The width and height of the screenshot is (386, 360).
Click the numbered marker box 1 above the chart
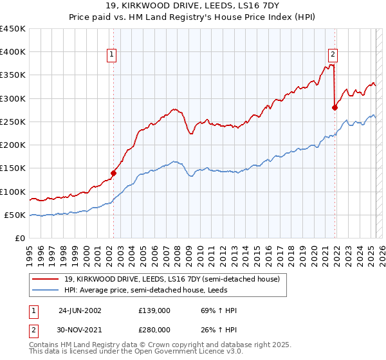[112, 55]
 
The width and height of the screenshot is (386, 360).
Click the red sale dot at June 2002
[114, 172]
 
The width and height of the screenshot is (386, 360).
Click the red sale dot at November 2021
[335, 107]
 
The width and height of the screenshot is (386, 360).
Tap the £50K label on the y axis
[15, 215]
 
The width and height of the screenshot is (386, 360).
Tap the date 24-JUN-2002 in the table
[80, 310]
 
